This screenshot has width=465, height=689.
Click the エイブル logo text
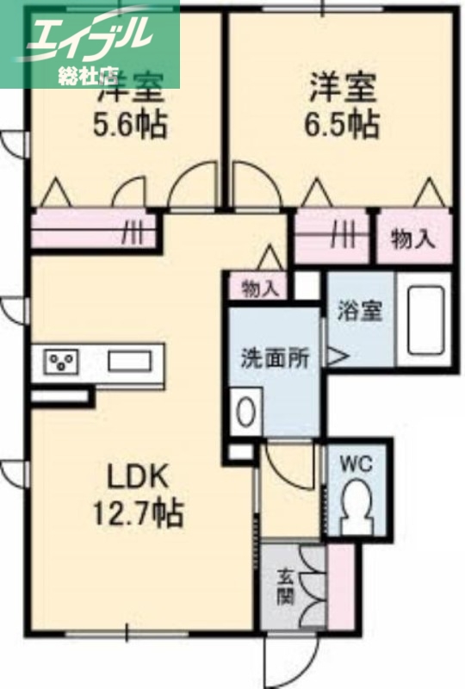pos(90,33)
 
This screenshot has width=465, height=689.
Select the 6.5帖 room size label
pos(342,125)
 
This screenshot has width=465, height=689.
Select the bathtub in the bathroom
pos(424,320)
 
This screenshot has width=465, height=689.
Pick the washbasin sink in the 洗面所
pos(246,411)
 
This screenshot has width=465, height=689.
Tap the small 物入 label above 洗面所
pos(259,288)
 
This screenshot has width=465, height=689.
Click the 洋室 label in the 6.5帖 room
pos(342,88)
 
